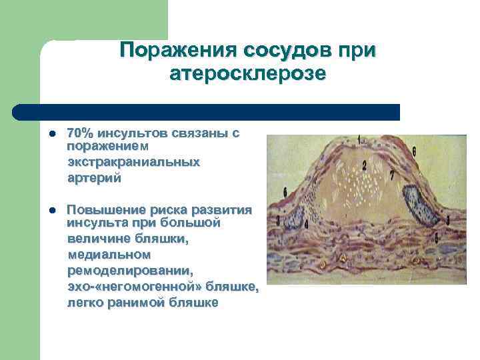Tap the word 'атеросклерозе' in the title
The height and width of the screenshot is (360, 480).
[x=247, y=73]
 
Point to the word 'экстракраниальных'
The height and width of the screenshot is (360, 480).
[x=133, y=162]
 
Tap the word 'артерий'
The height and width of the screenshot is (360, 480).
[x=94, y=177]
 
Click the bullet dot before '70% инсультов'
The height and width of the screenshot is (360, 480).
[x=52, y=133]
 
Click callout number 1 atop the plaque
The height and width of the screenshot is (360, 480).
[x=360, y=140]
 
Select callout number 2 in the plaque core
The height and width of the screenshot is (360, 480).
[x=365, y=165]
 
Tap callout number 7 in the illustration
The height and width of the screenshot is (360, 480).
[x=392, y=175]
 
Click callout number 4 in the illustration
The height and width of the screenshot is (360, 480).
[x=306, y=225]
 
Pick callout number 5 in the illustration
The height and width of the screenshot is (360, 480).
[x=436, y=237]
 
